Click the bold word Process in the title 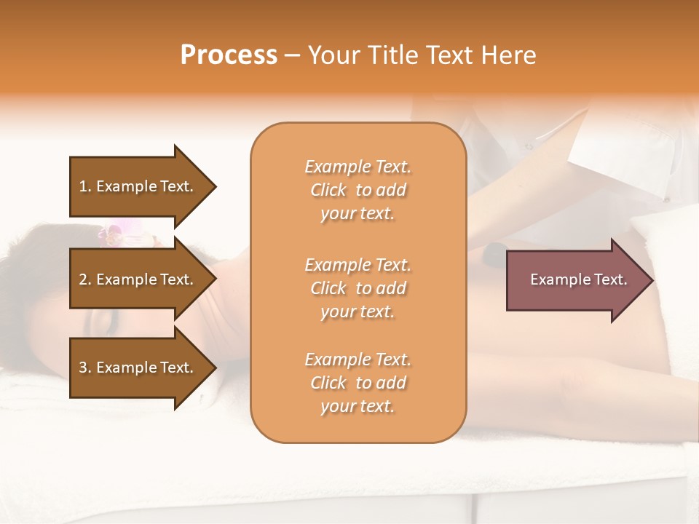tap(229, 55)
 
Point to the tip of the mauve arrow tap(651, 280)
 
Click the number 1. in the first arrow tap(85, 186)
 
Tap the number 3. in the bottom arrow tap(85, 368)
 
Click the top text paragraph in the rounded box tap(358, 190)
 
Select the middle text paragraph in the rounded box tap(358, 287)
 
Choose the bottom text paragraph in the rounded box tap(358, 383)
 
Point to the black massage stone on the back tap(494, 253)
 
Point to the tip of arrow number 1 tap(215, 186)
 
